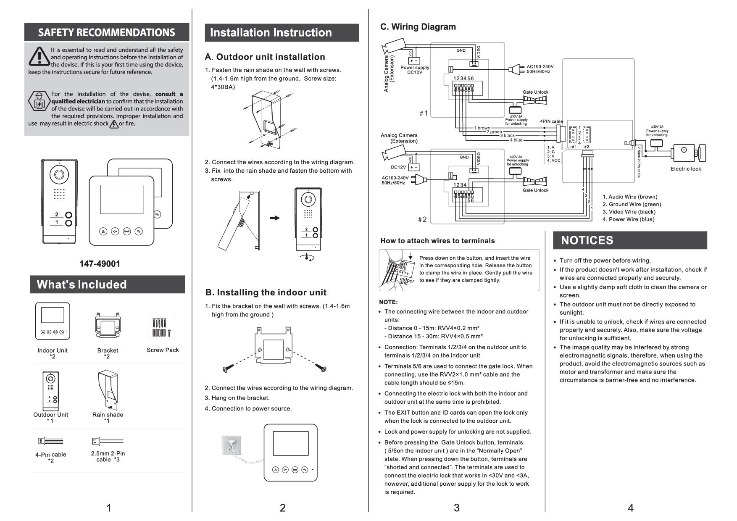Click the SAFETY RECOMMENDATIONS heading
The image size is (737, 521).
pyautogui.click(x=106, y=33)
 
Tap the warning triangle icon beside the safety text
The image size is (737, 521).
pyautogui.click(x=39, y=56)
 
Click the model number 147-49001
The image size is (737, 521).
pyautogui.click(x=100, y=264)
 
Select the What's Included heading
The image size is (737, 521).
pyautogui.click(x=82, y=284)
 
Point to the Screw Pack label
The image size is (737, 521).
pyautogui.click(x=163, y=350)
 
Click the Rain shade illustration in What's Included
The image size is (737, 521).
pyautogui.click(x=108, y=390)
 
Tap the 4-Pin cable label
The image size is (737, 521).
pyautogui.click(x=51, y=455)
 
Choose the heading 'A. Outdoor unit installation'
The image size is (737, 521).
pyautogui.click(x=265, y=57)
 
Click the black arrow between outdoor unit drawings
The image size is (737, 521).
pyautogui.click(x=274, y=218)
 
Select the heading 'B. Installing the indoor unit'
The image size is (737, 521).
pyautogui.click(x=266, y=292)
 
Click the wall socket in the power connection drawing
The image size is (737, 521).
pyautogui.click(x=232, y=445)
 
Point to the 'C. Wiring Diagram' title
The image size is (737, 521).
pyautogui.click(x=418, y=27)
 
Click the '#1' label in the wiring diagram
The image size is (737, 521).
pyautogui.click(x=424, y=113)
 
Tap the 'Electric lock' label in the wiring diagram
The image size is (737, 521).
pyautogui.click(x=685, y=169)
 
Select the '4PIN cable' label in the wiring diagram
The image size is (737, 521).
pyautogui.click(x=551, y=121)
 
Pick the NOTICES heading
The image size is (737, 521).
pyautogui.click(x=587, y=240)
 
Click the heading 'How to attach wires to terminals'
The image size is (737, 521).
pyautogui.click(x=437, y=241)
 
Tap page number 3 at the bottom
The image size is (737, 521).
pyautogui.click(x=456, y=508)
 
